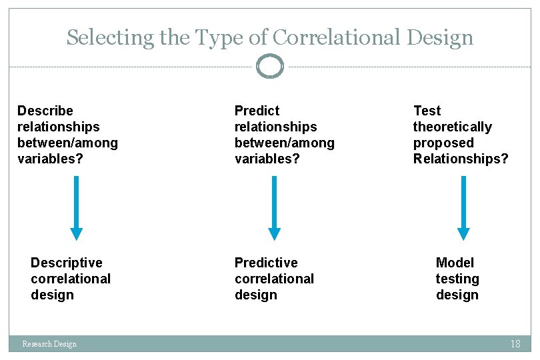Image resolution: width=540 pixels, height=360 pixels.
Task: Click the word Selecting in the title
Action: pyautogui.click(x=110, y=37)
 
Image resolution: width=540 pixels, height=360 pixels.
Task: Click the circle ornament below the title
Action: pyautogui.click(x=270, y=66)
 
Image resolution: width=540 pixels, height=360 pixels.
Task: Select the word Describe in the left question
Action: pyautogui.click(x=45, y=111)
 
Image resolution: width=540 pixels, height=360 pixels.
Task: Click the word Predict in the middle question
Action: pyautogui.click(x=257, y=111)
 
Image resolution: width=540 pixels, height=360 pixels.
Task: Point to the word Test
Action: pyautogui.click(x=427, y=111)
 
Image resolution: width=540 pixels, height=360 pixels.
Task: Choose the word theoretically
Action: pyautogui.click(x=452, y=127)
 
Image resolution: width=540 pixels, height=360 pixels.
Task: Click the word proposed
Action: pyautogui.click(x=443, y=143)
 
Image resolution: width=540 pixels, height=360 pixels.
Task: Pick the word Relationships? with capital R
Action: pyautogui.click(x=460, y=159)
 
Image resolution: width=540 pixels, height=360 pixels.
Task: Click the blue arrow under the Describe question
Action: pyautogui.click(x=77, y=207)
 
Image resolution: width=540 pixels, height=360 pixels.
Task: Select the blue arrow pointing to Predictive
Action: pyautogui.click(x=274, y=207)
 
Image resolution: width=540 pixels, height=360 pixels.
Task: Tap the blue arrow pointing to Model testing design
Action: pyautogui.click(x=463, y=207)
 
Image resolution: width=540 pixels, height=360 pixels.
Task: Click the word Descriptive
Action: pyautogui.click(x=67, y=263)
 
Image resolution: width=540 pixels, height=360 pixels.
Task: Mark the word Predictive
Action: pyautogui.click(x=266, y=263)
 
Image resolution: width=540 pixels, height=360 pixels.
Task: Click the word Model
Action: pyautogui.click(x=455, y=263)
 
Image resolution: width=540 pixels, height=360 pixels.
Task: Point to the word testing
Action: pyautogui.click(x=457, y=279)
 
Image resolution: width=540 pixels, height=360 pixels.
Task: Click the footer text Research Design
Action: pyautogui.click(x=49, y=344)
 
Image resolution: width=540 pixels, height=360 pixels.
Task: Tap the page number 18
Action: pyautogui.click(x=515, y=344)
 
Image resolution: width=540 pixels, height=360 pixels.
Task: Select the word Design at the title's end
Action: pyautogui.click(x=441, y=37)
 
